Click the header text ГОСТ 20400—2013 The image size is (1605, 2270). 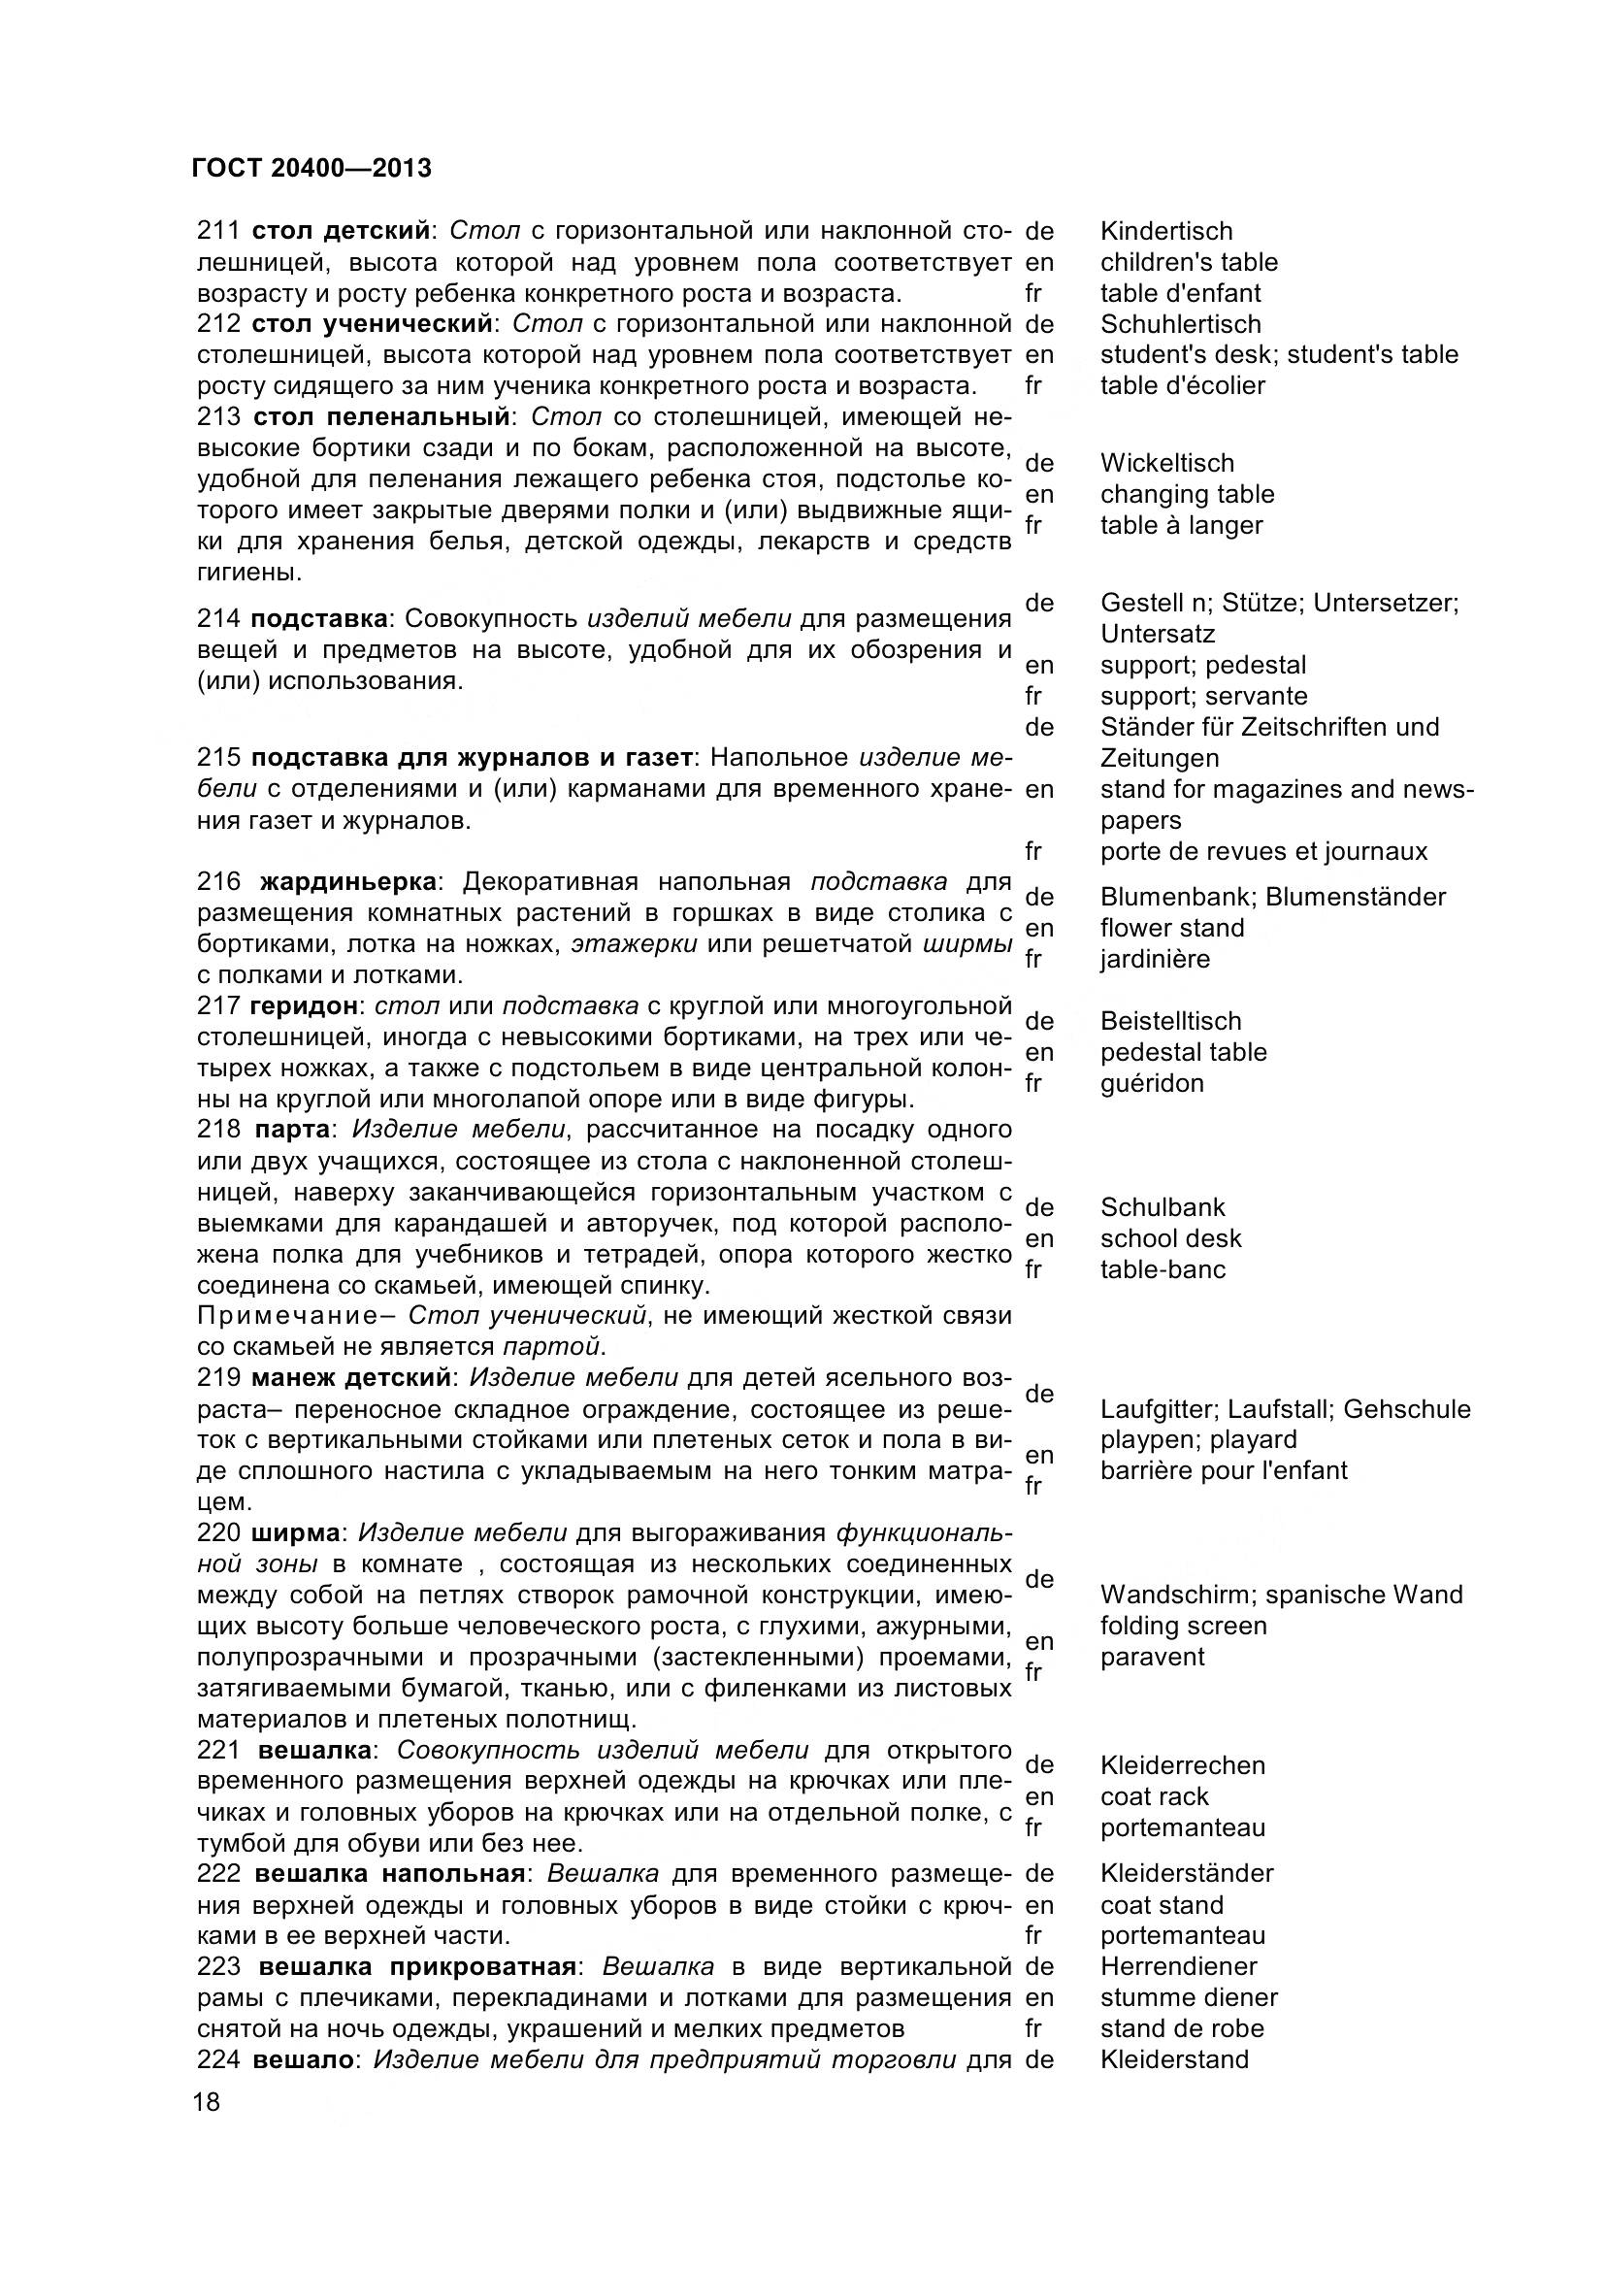click(x=311, y=169)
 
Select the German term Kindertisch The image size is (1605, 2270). click(x=1166, y=231)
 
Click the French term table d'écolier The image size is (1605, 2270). click(x=1182, y=385)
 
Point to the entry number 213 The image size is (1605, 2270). click(x=218, y=416)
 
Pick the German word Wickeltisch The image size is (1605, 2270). click(x=1167, y=463)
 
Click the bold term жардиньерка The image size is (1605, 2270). click(x=348, y=881)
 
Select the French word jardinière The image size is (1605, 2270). click(x=1155, y=959)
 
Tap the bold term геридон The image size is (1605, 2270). click(x=304, y=1005)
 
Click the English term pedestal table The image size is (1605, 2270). click(x=1183, y=1052)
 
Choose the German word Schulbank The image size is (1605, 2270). click(x=1163, y=1207)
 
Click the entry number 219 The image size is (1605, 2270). click(x=218, y=1377)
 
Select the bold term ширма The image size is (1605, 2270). click(x=296, y=1532)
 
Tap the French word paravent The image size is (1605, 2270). click(x=1153, y=1657)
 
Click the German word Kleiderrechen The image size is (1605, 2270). click(x=1182, y=1765)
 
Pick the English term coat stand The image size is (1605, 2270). click(x=1162, y=1905)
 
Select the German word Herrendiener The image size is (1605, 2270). click(x=1178, y=1966)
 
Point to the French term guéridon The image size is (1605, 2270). click(x=1152, y=1084)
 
